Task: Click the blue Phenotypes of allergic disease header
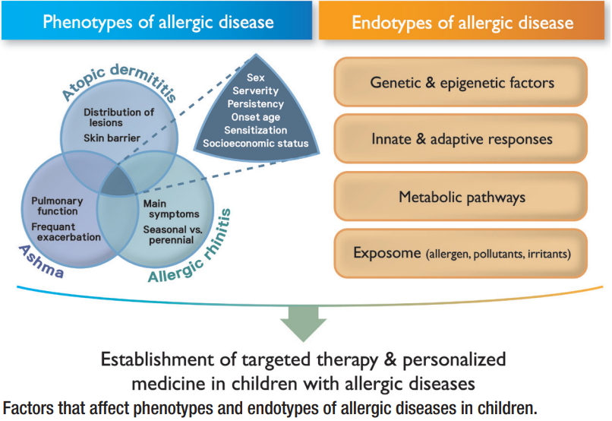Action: (x=156, y=21)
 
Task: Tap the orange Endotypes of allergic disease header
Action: (x=462, y=21)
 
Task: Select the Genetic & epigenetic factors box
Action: (x=461, y=82)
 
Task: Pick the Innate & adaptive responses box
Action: (x=461, y=138)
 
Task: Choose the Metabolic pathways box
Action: (x=461, y=196)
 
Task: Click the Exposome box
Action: (x=461, y=253)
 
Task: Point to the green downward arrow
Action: (x=303, y=324)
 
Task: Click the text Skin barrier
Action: (x=112, y=138)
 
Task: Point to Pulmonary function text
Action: (x=57, y=206)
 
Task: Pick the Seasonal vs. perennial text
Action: (x=172, y=235)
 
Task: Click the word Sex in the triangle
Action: (x=256, y=78)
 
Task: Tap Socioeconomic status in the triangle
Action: (x=256, y=144)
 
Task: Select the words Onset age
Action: (x=256, y=117)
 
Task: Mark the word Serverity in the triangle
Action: (x=256, y=91)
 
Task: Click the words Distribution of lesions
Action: (x=118, y=117)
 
